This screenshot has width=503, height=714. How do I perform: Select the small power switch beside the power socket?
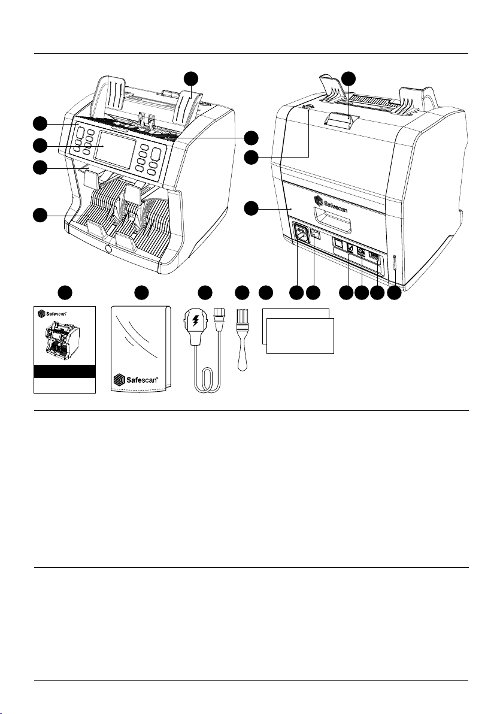point(316,235)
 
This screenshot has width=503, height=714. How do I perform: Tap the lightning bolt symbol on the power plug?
point(196,320)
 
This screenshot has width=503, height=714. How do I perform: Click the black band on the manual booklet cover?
point(65,371)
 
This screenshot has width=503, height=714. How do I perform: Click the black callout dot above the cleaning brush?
point(242,293)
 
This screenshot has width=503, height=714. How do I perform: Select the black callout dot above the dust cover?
point(141,293)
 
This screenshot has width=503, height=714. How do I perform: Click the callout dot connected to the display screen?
point(41,146)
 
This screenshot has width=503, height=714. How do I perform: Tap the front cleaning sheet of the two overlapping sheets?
point(300,335)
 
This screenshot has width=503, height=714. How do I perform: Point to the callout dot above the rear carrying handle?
point(349,78)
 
